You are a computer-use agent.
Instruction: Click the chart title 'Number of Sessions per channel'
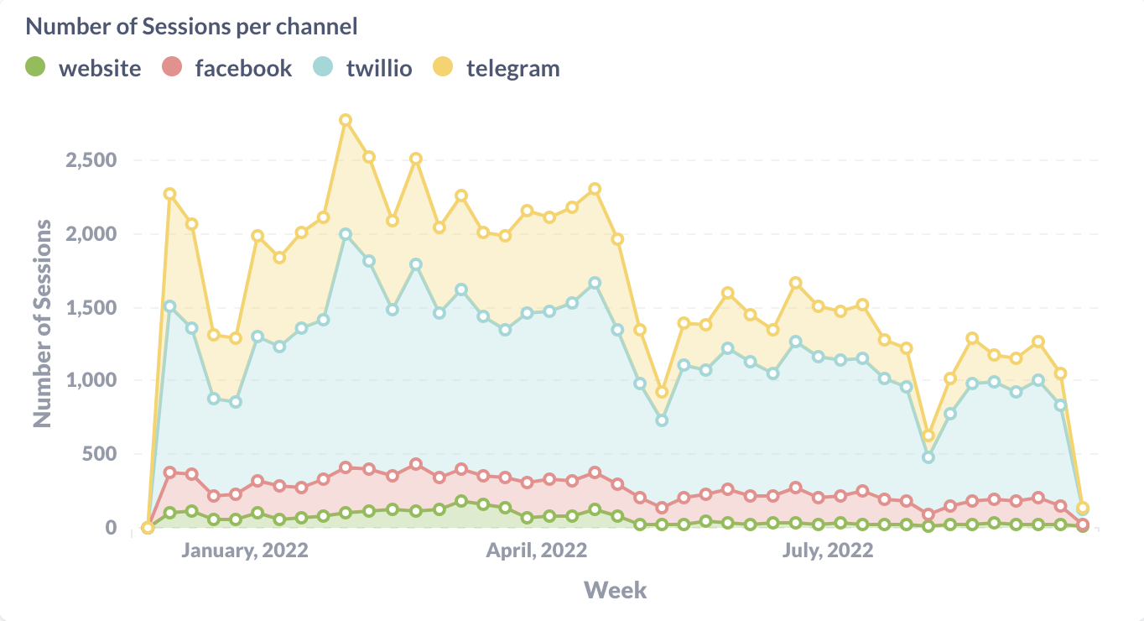tap(192, 26)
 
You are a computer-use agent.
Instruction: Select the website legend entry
tap(84, 68)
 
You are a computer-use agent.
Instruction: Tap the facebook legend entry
tap(226, 68)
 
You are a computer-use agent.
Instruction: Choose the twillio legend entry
tap(363, 68)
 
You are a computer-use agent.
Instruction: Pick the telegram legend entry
tap(496, 68)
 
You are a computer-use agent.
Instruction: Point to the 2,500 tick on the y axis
tap(92, 159)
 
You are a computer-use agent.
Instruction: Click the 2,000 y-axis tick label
tap(92, 233)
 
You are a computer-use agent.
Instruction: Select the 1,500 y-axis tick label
tap(92, 307)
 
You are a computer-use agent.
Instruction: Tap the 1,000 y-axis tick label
tap(92, 380)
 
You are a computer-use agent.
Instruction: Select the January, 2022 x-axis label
tap(245, 551)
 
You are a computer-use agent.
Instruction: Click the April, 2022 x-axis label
tap(537, 551)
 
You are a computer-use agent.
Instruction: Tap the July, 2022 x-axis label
tap(828, 551)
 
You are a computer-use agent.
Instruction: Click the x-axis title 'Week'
tap(615, 590)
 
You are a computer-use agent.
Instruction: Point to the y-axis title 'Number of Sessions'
tap(43, 324)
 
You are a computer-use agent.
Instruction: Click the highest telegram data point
tap(345, 120)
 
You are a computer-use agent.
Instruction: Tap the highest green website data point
tap(461, 501)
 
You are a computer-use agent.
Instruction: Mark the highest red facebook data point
tap(416, 464)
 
